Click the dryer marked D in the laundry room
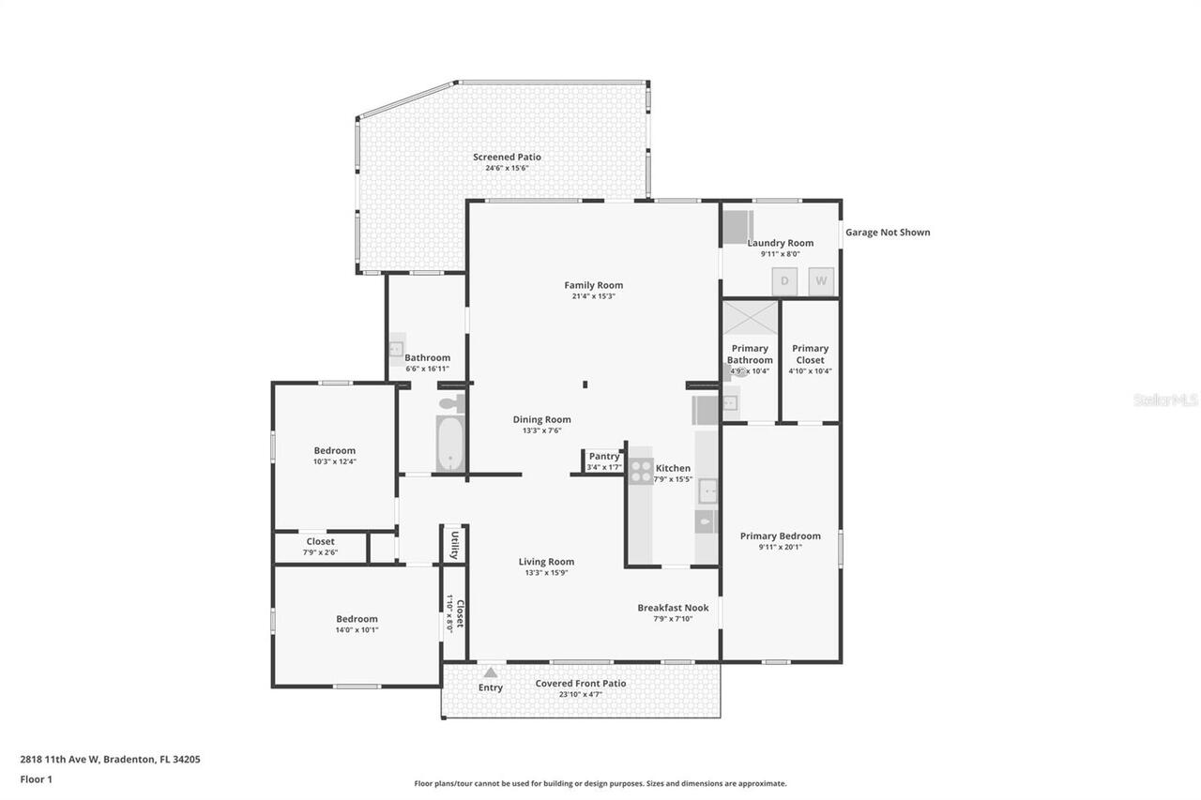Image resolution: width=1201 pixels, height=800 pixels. [784, 280]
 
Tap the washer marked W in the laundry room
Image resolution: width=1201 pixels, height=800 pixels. [821, 280]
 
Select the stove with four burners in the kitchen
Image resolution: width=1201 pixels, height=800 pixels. [641, 471]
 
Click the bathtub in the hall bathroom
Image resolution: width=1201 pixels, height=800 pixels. [450, 444]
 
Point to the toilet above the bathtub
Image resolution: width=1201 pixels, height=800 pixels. [451, 403]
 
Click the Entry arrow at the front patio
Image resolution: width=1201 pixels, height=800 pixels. [490, 672]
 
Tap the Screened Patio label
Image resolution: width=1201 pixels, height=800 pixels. [507, 157]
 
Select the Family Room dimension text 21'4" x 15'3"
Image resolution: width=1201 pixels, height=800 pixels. [593, 296]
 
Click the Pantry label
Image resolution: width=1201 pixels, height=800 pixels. [603, 457]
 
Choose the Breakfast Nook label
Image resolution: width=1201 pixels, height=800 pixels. [673, 608]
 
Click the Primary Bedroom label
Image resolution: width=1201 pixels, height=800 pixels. [780, 536]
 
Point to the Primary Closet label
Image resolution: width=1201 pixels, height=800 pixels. [810, 354]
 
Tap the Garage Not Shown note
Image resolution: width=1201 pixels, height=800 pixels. [888, 233]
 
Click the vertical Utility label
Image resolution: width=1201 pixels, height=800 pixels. [454, 545]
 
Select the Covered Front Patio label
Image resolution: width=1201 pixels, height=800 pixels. [580, 684]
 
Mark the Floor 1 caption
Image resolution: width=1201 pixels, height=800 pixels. [36, 778]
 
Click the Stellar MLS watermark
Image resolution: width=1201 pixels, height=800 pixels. [1165, 400]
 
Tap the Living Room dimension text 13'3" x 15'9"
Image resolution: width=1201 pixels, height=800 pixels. [546, 572]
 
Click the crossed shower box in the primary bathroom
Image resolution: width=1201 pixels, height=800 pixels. [751, 317]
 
